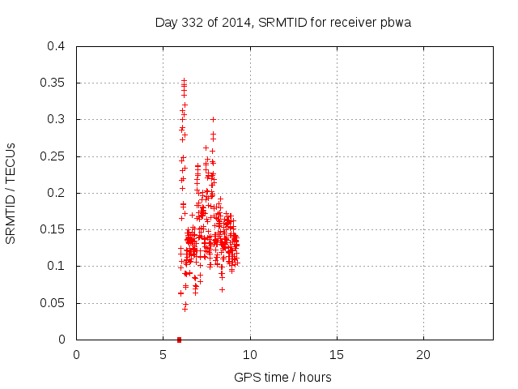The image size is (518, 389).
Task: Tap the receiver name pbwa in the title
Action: (x=396, y=23)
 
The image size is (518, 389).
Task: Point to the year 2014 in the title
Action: (x=236, y=23)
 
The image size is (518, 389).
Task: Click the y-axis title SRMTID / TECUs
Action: (x=11, y=193)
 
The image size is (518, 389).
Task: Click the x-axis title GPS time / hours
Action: (x=282, y=377)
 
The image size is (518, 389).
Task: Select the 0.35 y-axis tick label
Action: (x=54, y=83)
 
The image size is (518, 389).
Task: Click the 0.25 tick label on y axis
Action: (x=54, y=156)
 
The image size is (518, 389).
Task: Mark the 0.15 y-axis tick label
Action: (x=54, y=229)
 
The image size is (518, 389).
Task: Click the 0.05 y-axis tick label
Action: (x=54, y=303)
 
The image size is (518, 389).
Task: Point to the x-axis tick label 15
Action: (x=337, y=354)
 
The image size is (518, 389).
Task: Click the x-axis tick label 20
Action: (x=423, y=354)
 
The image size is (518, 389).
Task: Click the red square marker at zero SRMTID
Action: (x=179, y=339)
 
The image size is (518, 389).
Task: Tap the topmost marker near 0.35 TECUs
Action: (x=184, y=80)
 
